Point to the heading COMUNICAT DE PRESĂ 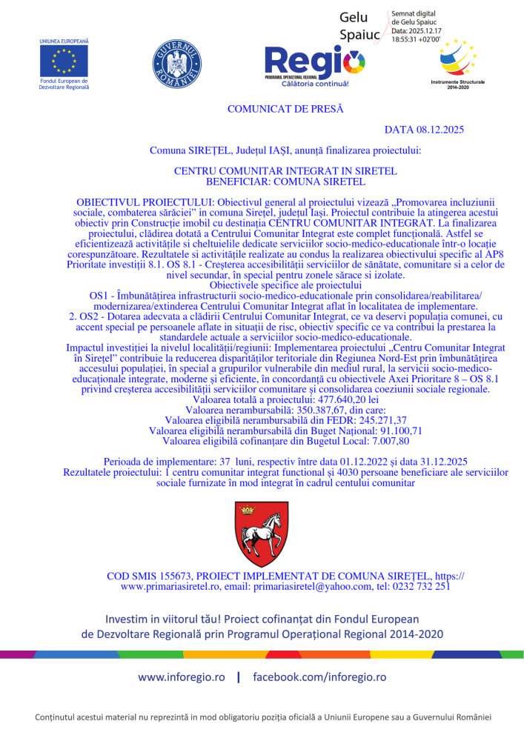tap(285, 109)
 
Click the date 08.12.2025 tap(440, 130)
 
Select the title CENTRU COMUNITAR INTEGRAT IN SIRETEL tap(285, 170)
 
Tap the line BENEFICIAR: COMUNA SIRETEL tap(285, 180)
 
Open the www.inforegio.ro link tap(182, 677)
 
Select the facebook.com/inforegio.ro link tap(319, 677)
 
